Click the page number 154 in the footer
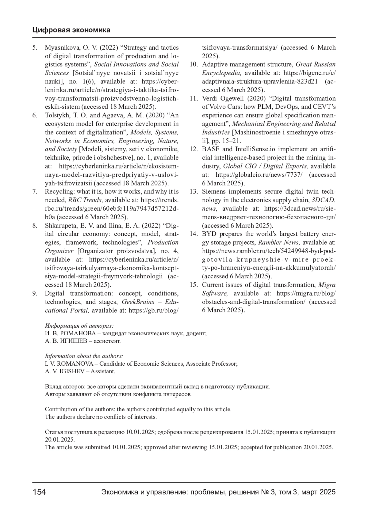[39, 492]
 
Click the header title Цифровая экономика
[71, 30]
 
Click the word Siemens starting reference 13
[215, 192]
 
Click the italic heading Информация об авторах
[79, 326]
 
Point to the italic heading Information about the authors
[84, 356]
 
